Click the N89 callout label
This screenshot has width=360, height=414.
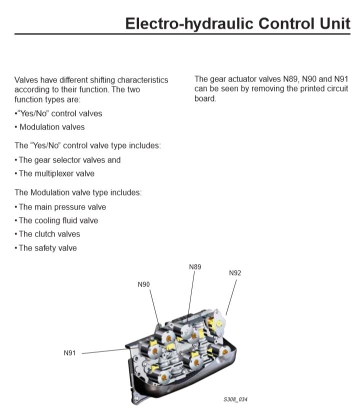pyautogui.click(x=195, y=267)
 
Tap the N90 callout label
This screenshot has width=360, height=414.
pyautogui.click(x=143, y=284)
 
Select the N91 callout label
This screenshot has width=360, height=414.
pyautogui.click(x=69, y=353)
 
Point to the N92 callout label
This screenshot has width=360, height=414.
pyautogui.click(x=235, y=273)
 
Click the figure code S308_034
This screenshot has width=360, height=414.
pyautogui.click(x=235, y=399)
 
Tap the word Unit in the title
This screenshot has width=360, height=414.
pyautogui.click(x=335, y=23)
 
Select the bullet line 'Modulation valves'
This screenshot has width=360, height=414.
pyautogui.click(x=49, y=127)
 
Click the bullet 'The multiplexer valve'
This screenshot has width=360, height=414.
pyautogui.click(x=54, y=173)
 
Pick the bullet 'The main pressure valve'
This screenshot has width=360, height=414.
pyautogui.click(x=60, y=207)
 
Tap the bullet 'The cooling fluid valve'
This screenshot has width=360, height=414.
pyautogui.click(x=56, y=220)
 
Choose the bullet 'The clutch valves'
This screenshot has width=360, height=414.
pyautogui.click(x=47, y=234)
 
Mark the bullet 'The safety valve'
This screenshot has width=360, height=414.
pyautogui.click(x=45, y=248)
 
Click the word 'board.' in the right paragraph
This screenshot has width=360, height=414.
pyautogui.click(x=205, y=98)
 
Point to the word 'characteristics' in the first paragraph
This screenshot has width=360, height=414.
pyautogui.click(x=142, y=80)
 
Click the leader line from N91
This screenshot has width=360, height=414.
pyautogui.click(x=106, y=351)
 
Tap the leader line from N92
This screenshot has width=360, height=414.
pyautogui.click(x=231, y=297)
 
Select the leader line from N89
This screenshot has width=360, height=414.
pyautogui.click(x=191, y=297)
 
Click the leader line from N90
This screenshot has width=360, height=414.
pyautogui.click(x=155, y=307)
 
